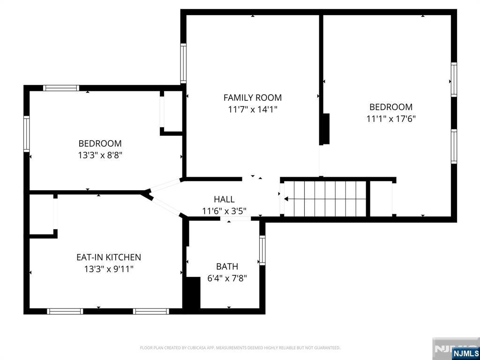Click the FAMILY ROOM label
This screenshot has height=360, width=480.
click(252, 97)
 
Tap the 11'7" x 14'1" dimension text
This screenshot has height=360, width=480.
click(252, 110)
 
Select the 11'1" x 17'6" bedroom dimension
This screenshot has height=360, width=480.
click(390, 119)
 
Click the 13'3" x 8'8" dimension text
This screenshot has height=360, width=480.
click(100, 155)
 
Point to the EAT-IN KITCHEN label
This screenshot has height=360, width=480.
click(108, 257)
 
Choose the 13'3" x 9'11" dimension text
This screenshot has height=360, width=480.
click(108, 269)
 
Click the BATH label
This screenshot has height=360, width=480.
click(227, 266)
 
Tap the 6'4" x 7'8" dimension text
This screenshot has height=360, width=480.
click(227, 278)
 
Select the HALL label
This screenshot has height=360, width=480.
click(224, 199)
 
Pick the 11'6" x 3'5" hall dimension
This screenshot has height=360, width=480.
click(224, 211)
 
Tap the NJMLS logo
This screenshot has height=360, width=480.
click(465, 353)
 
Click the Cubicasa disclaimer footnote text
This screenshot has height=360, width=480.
click(240, 348)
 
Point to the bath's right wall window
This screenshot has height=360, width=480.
click(262, 250)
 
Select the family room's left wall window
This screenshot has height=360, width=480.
click(183, 64)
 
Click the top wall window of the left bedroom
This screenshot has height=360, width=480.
click(61, 88)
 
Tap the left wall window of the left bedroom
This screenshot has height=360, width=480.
click(27, 134)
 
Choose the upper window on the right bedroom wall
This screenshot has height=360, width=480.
click(454, 80)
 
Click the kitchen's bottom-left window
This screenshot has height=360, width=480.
click(65, 311)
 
